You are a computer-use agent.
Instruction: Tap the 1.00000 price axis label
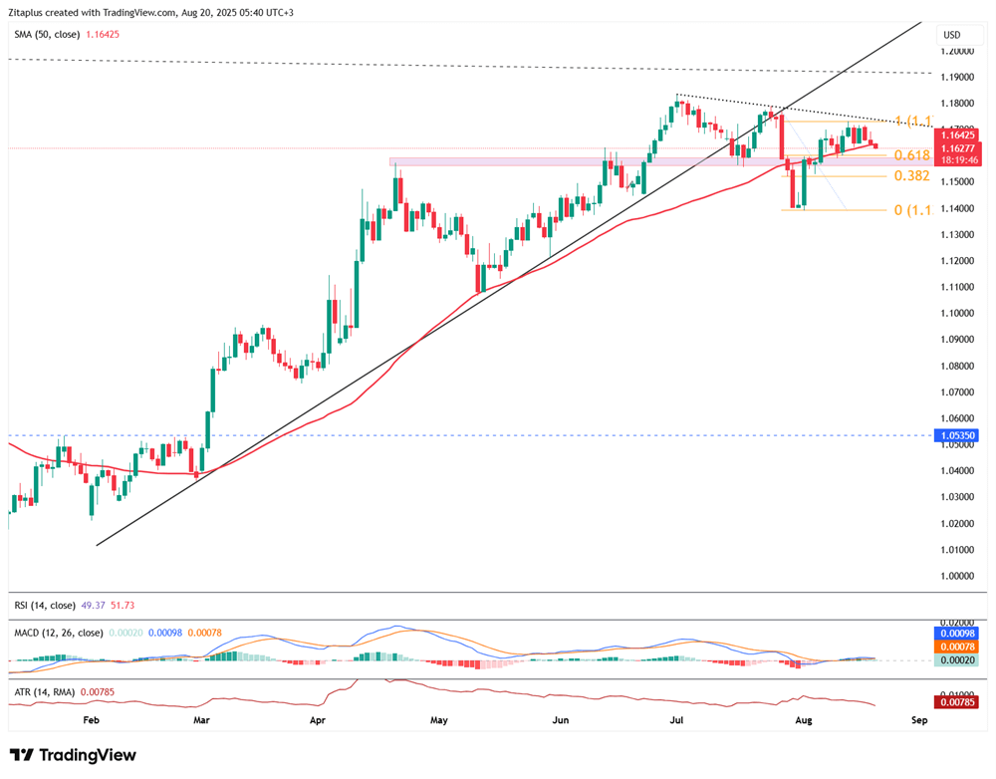957,575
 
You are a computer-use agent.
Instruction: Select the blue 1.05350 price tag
957,435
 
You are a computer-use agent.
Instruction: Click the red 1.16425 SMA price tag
957,133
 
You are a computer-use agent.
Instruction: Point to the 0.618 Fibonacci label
911,155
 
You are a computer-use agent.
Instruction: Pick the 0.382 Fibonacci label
911,176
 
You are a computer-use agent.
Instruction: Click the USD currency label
951,35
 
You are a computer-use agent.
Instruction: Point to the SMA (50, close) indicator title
48,34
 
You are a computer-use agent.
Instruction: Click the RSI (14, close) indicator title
43,605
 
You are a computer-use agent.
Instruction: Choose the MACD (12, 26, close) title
58,632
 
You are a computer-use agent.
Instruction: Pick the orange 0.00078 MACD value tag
957,647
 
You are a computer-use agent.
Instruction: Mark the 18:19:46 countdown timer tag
957,158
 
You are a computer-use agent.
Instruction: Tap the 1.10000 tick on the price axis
957,313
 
